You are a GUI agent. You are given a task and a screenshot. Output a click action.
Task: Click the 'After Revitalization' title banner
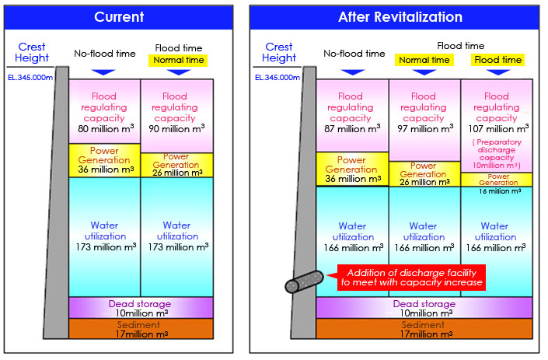pos(400,17)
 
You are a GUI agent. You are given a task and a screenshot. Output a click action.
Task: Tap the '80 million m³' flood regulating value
pos(105,129)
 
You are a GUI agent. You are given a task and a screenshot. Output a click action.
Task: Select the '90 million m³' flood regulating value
pos(177,129)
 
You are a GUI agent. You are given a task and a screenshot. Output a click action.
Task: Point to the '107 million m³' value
pos(497,129)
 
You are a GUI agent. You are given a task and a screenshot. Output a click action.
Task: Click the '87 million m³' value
pos(351,129)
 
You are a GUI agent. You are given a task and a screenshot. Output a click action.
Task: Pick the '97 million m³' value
pos(424,129)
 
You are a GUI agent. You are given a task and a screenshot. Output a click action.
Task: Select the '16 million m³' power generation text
pos(497,190)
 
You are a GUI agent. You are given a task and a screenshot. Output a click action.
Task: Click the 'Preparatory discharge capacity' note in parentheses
pos(497,154)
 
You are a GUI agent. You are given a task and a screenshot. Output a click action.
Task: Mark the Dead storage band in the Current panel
pos(141,307)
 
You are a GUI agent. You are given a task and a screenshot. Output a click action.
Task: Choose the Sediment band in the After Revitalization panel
pos(424,329)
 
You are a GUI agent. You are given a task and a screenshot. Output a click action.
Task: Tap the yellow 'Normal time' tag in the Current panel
pos(178,60)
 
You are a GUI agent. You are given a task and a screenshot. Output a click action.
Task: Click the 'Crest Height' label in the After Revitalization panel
pos(278,52)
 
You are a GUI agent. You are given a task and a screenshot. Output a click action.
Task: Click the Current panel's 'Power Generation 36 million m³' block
pos(105,160)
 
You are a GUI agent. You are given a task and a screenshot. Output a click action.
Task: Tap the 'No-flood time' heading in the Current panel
pos(105,54)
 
